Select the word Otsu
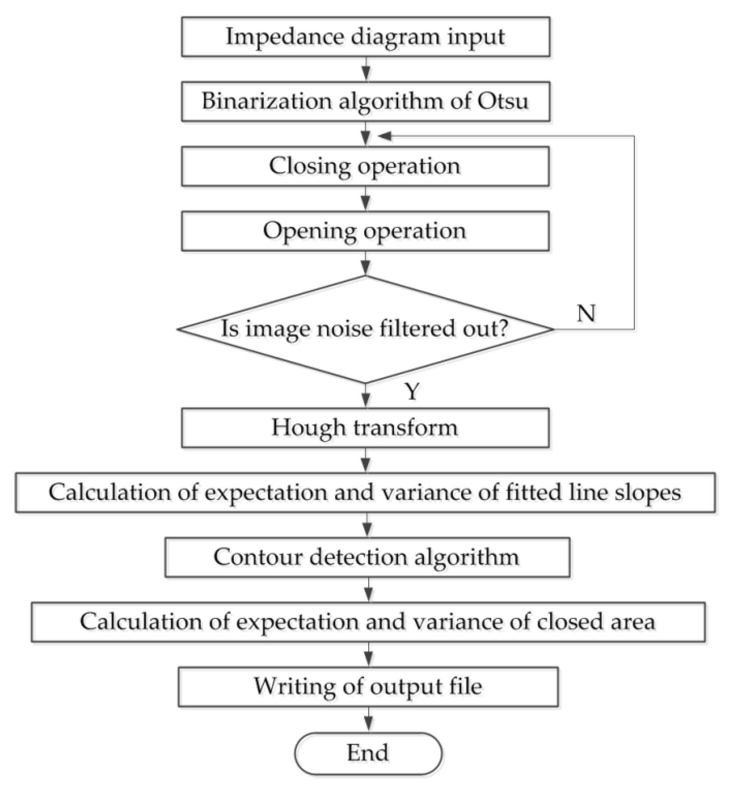(503, 101)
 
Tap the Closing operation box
(366, 166)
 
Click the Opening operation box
(366, 231)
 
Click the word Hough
(308, 428)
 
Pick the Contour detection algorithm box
(367, 557)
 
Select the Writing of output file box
(368, 687)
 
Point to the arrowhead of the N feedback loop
(384, 136)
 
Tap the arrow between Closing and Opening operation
(366, 199)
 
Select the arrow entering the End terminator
(369, 720)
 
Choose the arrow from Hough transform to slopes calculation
(366, 460)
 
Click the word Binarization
(266, 101)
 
